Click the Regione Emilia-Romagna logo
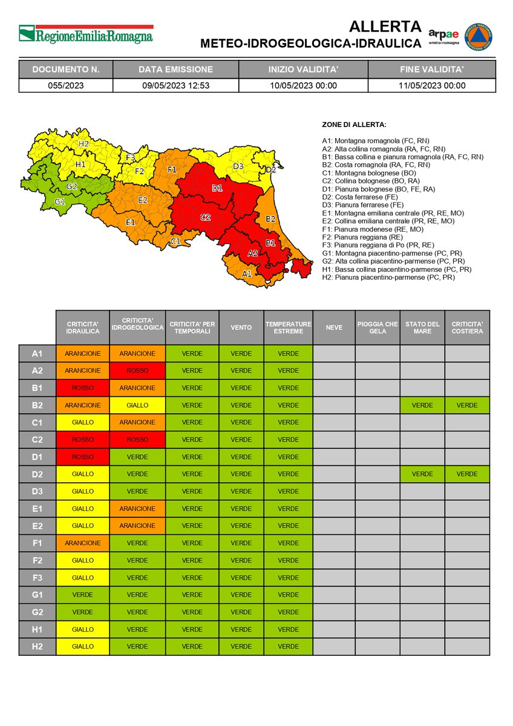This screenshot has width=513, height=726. click(85, 34)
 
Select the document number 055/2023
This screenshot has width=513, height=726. click(65, 85)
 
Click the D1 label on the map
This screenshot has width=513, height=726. click(217, 188)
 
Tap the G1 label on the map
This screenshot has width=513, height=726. click(59, 201)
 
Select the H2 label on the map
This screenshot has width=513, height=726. click(83, 144)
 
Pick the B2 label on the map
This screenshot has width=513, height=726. click(270, 218)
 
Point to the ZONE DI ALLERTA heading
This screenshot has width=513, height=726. click(354, 125)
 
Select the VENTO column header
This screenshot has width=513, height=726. click(241, 327)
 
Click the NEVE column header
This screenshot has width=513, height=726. click(333, 327)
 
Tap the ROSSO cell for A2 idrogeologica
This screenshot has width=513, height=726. click(137, 370)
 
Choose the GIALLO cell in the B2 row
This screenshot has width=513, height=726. click(137, 405)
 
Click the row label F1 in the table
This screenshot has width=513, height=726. click(37, 543)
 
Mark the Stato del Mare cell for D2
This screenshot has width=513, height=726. click(422, 474)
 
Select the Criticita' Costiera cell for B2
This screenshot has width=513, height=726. click(467, 405)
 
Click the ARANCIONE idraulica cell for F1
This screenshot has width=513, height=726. click(83, 543)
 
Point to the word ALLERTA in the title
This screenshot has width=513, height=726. click(385, 27)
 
